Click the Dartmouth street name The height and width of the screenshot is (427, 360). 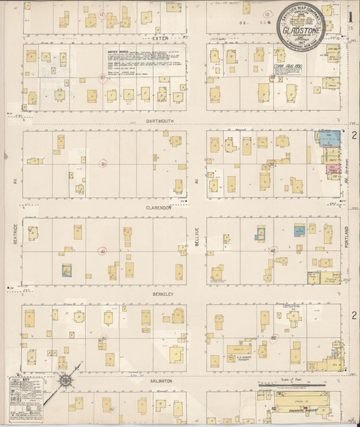[160, 121]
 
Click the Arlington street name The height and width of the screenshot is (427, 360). [161, 381]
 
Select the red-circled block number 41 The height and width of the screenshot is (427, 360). [103, 251]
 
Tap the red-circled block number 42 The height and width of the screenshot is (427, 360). [273, 251]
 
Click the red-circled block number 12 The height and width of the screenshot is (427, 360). [267, 14]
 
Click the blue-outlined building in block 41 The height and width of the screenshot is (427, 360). [67, 270]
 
